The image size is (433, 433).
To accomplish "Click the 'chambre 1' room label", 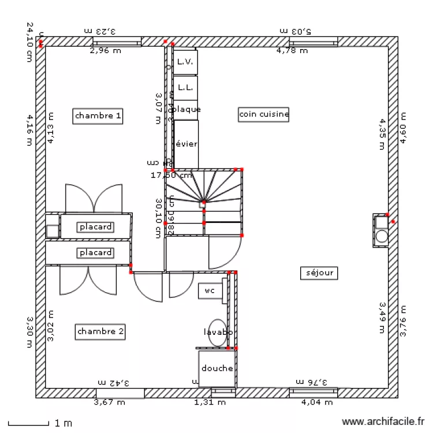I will click(98, 115).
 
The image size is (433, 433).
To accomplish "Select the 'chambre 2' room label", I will click(100, 331).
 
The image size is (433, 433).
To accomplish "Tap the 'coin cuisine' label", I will click(264, 114).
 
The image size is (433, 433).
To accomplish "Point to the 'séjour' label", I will click(319, 273).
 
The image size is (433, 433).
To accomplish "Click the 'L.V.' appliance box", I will click(185, 61).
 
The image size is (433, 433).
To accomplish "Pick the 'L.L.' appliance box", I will click(185, 87).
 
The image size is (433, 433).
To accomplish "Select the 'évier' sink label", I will click(186, 144).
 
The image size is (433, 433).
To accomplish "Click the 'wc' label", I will click(209, 291).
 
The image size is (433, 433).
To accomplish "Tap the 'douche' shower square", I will click(217, 368).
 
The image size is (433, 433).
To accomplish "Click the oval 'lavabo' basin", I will click(218, 333).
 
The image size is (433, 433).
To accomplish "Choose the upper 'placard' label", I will click(96, 227).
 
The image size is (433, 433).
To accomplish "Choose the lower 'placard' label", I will click(96, 253).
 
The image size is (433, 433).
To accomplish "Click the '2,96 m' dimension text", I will click(105, 50).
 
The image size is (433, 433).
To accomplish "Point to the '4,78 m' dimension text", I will click(292, 50).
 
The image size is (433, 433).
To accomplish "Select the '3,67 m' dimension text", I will click(109, 402).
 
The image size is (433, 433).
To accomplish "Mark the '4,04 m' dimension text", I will click(317, 402).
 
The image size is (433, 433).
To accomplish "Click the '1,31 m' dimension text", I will click(210, 402).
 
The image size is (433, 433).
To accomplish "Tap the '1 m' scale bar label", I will click(63, 423).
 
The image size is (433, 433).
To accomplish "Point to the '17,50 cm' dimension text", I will click(171, 175).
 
